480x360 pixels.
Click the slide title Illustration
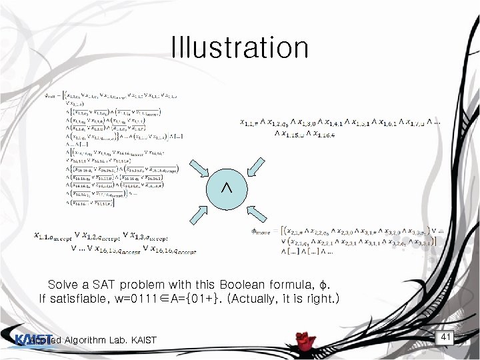pos(240,48)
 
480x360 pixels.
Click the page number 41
pos(446,338)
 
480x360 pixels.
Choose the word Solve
pos(64,283)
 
